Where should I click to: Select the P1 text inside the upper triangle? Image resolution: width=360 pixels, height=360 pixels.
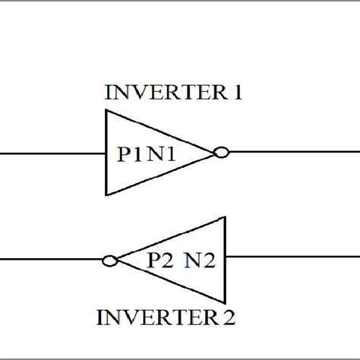point(129,154)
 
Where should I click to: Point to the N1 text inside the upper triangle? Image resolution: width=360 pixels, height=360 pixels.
point(163,154)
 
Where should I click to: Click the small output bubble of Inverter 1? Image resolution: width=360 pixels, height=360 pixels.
point(221,153)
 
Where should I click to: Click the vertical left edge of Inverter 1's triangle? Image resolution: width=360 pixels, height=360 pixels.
point(106,153)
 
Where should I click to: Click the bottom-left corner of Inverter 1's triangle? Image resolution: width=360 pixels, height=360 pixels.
point(106,194)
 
